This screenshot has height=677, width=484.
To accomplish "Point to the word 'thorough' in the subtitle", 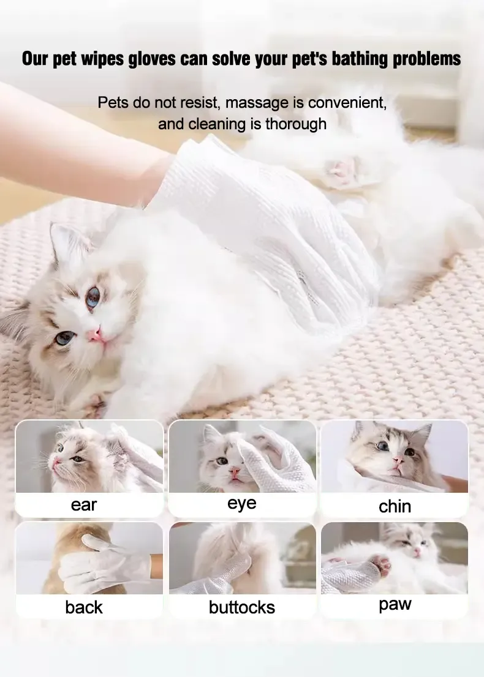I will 296,124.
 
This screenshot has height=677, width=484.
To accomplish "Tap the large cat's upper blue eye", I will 93,297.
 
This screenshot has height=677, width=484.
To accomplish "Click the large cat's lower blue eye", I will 64,337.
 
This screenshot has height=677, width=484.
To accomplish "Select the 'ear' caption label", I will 84,505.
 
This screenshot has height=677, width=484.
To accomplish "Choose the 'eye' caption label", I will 242,504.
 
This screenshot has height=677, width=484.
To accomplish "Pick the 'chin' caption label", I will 395,506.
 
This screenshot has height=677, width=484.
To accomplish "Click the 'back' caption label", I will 84,607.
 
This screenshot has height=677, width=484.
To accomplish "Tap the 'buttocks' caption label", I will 242,608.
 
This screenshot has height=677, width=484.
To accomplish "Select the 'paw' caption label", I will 395,605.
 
